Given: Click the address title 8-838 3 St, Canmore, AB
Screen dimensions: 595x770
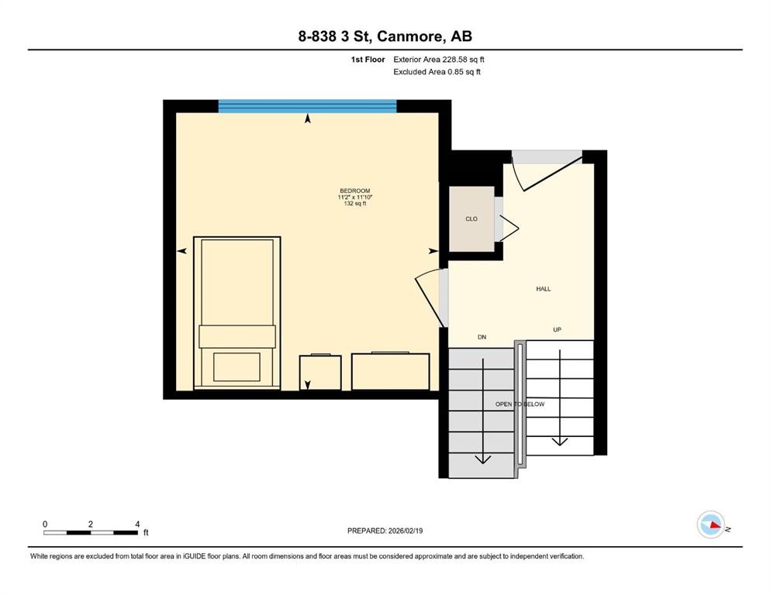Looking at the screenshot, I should tap(385, 36).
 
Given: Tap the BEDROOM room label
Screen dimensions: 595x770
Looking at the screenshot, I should tap(354, 191).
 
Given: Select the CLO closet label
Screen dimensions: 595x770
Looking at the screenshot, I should tap(471, 219).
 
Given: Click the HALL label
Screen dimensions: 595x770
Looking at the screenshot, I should tap(543, 289).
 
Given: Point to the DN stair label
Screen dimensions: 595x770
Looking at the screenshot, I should tap(481, 337).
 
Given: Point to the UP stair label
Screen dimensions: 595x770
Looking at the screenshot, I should tap(557, 330).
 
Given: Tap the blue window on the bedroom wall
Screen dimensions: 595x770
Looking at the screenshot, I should tap(307, 106).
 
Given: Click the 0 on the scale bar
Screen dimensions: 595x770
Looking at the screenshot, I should tap(45, 524).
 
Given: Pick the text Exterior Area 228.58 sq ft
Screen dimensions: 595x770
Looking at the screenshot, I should tap(439, 59).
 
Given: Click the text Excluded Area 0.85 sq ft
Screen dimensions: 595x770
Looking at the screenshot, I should tap(437, 72).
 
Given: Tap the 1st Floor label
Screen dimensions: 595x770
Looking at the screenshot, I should tap(368, 59).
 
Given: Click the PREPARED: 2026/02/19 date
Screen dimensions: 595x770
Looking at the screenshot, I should tap(385, 531).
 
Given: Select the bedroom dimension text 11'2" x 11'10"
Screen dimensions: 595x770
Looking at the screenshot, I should tap(354, 198).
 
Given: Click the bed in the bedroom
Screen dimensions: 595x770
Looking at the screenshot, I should tap(237, 310).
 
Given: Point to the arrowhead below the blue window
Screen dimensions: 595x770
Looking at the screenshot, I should tap(308, 119).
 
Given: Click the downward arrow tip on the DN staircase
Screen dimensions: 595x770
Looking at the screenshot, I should tap(482, 459).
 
